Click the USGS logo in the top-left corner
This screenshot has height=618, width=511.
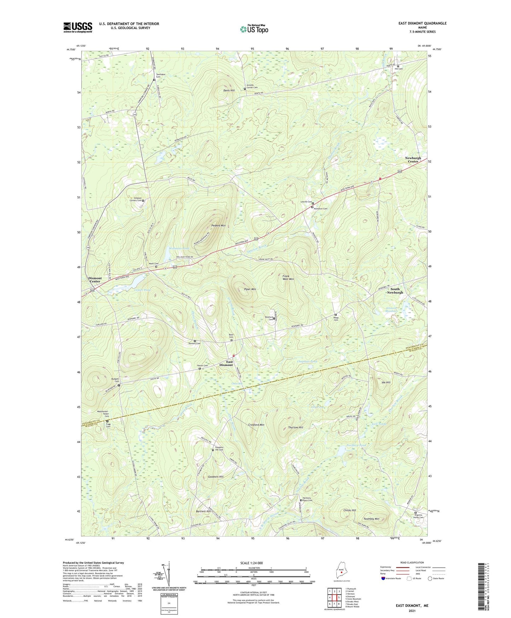click(x=78, y=27)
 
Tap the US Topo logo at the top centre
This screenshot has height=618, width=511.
click(x=254, y=29)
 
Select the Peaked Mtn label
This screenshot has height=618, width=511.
click(x=218, y=225)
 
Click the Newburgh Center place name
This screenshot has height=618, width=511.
click(x=413, y=160)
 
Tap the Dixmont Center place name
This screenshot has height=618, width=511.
click(x=94, y=280)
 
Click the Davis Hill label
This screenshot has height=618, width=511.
click(x=229, y=91)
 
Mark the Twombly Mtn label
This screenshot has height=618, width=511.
click(x=371, y=519)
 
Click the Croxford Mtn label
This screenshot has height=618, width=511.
click(x=256, y=424)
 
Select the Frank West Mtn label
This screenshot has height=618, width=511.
click(x=288, y=277)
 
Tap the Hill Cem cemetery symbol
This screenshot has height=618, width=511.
click(x=398, y=66)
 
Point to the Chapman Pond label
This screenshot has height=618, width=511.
click(x=307, y=361)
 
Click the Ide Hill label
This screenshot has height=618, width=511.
click(x=386, y=383)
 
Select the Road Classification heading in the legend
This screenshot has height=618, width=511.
click(x=412, y=562)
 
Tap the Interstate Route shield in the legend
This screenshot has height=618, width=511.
click(x=384, y=578)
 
